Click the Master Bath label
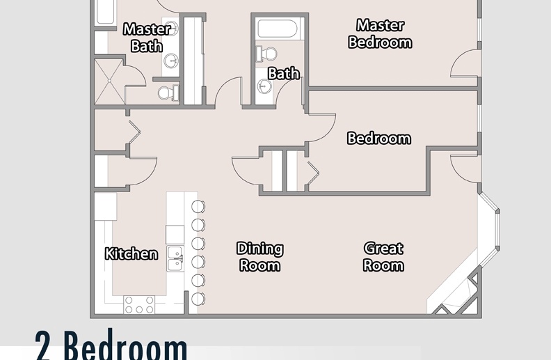(147, 38)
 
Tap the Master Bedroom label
(381, 33)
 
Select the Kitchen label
(131, 254)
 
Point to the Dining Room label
(260, 257)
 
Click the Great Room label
(383, 257)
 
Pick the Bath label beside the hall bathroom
(284, 74)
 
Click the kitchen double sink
(175, 259)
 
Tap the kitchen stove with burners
(139, 305)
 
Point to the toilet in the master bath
(168, 93)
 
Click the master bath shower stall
(109, 81)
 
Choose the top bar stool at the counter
(198, 206)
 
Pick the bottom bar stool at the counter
(198, 299)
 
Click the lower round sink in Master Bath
(171, 61)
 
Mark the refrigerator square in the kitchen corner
(106, 206)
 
